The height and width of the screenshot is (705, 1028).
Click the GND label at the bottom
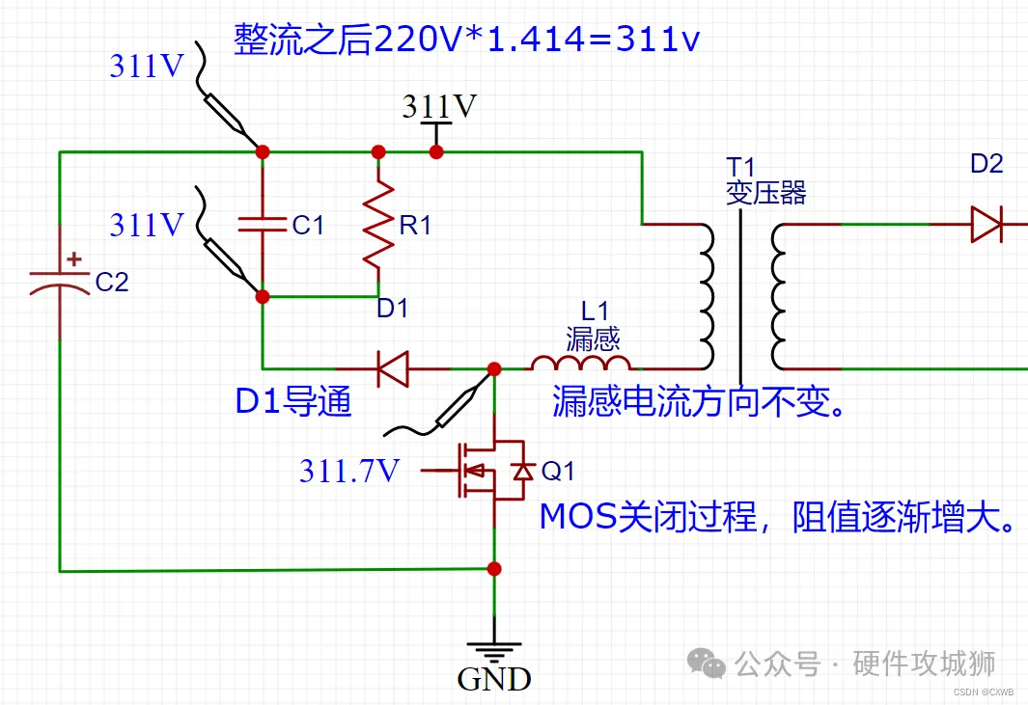coord(494,679)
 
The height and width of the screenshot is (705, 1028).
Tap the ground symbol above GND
coord(494,650)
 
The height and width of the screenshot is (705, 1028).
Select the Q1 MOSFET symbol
coord(491,470)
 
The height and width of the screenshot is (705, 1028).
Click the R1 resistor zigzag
coord(378,225)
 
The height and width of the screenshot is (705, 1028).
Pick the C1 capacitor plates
coord(263,225)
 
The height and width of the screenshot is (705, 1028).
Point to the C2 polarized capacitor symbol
coord(60,280)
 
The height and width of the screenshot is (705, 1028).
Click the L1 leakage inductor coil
coord(581,363)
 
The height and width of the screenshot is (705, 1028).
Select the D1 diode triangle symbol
coord(393,368)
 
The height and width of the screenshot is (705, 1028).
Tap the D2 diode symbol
coord(986,224)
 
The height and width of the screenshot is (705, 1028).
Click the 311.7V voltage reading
coord(349,471)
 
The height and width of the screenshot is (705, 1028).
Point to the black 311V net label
coord(439,106)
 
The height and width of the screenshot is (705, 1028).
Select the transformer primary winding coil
coord(706,297)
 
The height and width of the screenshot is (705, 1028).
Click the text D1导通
coord(293,401)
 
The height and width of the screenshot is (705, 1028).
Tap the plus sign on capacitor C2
coord(74,258)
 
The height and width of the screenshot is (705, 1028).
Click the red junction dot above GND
coord(494,569)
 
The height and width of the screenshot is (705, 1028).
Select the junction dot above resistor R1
coord(378,152)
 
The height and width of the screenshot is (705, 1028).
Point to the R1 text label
coord(415,226)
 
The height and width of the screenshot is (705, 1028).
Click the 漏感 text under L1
coord(593,339)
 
